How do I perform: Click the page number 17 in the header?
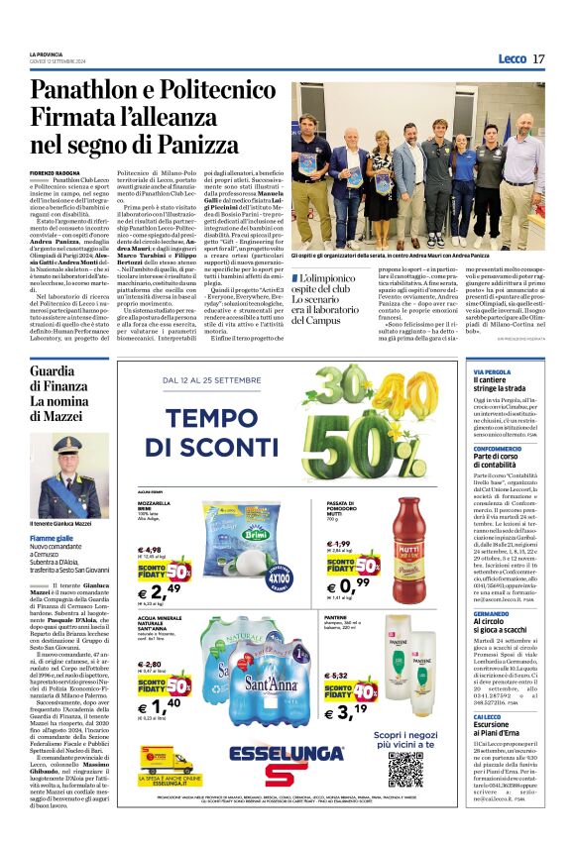[x=538, y=59]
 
